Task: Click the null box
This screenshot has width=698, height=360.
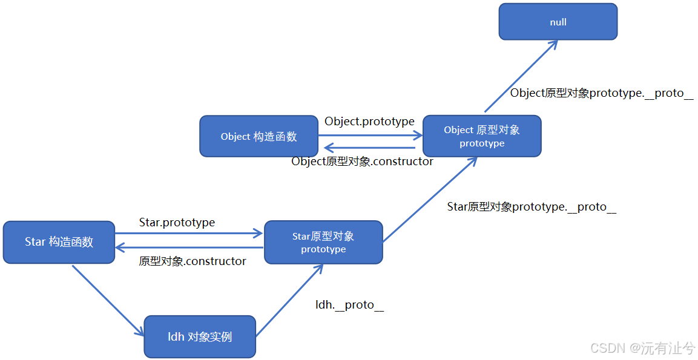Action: pos(558,22)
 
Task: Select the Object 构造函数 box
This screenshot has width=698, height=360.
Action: pos(258,136)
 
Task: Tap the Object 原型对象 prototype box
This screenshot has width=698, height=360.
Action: pos(481,136)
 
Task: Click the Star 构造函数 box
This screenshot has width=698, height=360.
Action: pos(59,242)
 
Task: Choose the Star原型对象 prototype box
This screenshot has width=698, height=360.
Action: pos(323,242)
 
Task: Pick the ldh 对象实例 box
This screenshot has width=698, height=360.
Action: pos(200,336)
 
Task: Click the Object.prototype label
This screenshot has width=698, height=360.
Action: pos(369,121)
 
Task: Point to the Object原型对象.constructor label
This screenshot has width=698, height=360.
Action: pos(362,162)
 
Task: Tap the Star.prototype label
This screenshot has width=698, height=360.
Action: pos(177,222)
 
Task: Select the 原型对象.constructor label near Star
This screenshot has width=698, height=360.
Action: pos(193,261)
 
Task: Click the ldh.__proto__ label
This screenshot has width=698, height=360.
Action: pos(349,304)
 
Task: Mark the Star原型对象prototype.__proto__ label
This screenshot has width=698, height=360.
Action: pos(532,206)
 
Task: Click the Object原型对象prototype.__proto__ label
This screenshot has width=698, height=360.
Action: pos(601,93)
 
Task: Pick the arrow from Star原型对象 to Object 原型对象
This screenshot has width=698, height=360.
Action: pos(430,200)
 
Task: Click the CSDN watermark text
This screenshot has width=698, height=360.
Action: pos(642,348)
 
